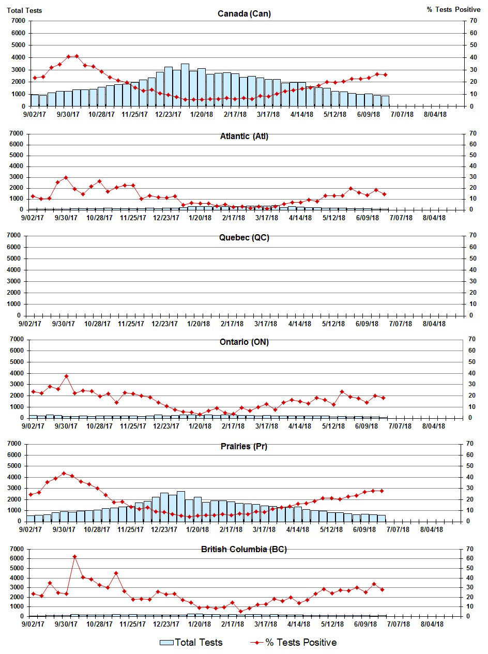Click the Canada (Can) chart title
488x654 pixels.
click(x=244, y=14)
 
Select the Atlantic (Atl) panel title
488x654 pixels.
click(x=244, y=136)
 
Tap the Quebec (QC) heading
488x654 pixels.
click(x=244, y=238)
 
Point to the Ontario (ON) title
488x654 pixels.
click(x=244, y=342)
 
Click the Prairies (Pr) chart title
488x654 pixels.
click(x=244, y=446)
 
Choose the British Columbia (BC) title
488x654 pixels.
click(x=244, y=549)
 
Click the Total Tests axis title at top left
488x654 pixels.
click(x=25, y=10)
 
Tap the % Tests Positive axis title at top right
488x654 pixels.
click(x=454, y=10)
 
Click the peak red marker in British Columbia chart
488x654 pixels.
click(x=74, y=557)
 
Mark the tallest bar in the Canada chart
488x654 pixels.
click(x=185, y=85)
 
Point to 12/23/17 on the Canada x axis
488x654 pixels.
click(x=169, y=114)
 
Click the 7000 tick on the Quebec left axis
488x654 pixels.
click(x=18, y=236)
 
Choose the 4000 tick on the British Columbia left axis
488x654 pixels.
click(x=17, y=577)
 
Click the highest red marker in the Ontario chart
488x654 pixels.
click(x=66, y=376)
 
